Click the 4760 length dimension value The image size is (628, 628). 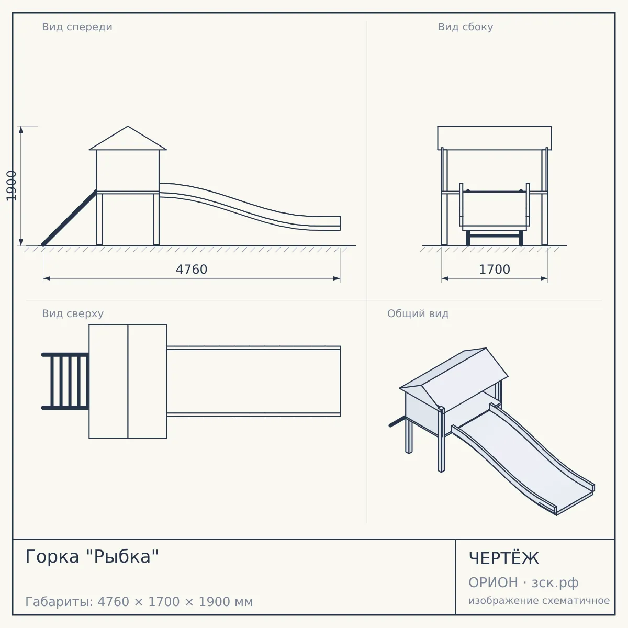tap(192, 270)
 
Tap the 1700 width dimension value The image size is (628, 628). tap(495, 270)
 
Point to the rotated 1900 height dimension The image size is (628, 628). tap(11, 186)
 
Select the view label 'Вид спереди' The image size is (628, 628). tap(77, 27)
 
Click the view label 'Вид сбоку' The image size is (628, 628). tap(465, 27)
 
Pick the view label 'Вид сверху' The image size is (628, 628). tap(73, 313)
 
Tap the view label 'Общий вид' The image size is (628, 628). tap(418, 313)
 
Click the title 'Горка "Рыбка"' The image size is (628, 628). tap(92, 556)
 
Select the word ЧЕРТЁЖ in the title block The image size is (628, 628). tap(504, 558)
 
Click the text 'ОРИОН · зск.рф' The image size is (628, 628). tap(523, 582)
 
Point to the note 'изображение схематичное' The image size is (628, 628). tap(539, 600)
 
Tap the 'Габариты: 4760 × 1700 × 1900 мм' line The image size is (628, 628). tap(139, 602)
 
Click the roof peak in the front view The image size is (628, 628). tap(128, 126)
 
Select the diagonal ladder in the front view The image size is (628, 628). tap(69, 218)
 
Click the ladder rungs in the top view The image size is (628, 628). tap(65, 382)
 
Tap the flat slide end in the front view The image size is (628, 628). tap(326, 223)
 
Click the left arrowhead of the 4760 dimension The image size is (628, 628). tap(47, 278)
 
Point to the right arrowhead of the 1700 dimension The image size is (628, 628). tap(544, 278)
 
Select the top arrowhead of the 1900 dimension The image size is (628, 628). tap(21, 130)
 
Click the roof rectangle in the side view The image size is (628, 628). tap(495, 138)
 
